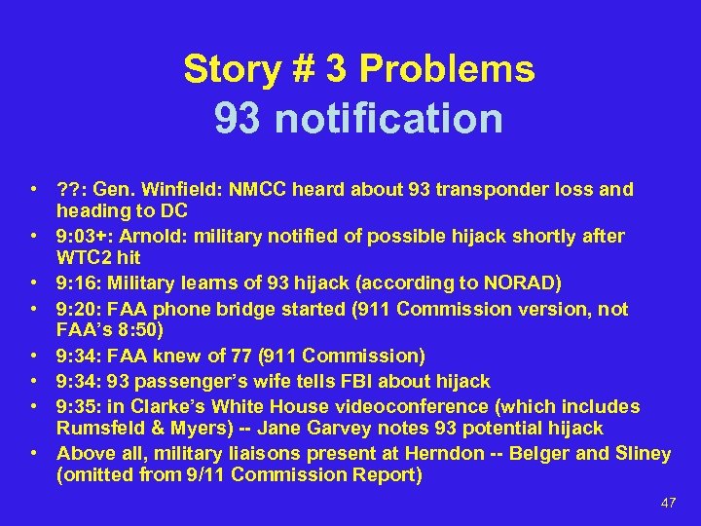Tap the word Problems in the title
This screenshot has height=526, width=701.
pyautogui.click(x=446, y=69)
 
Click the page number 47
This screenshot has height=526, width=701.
pyautogui.click(x=668, y=504)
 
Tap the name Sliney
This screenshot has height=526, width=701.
pyautogui.click(x=641, y=454)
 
